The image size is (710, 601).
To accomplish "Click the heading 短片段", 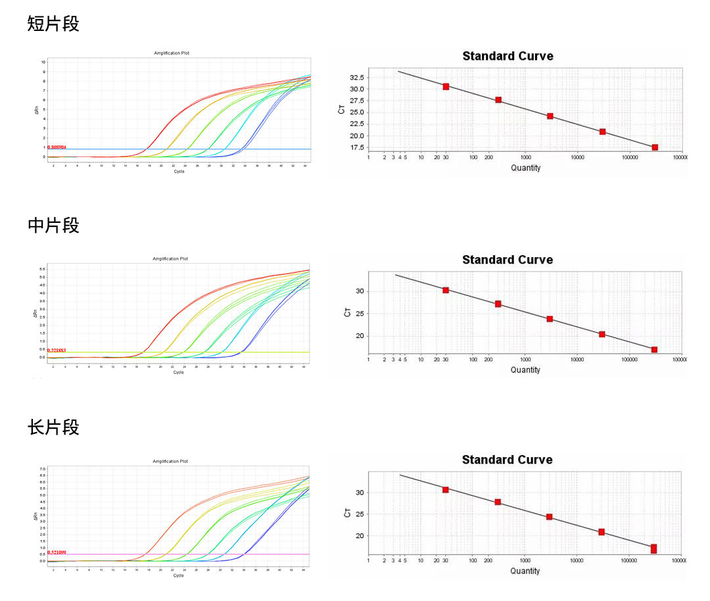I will [x=53, y=24].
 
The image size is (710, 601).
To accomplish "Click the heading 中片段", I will [x=53, y=226].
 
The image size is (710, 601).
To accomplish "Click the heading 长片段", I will [x=53, y=427].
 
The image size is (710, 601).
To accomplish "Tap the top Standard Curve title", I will [x=508, y=57].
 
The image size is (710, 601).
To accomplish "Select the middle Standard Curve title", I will [x=508, y=260].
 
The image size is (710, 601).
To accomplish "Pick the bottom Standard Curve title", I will [x=508, y=460].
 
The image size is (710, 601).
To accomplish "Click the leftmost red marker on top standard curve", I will [x=446, y=87].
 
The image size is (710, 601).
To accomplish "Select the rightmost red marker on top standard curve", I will [x=655, y=147].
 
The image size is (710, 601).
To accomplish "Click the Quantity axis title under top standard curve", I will [x=525, y=168].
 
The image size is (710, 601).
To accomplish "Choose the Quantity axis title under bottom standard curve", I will [x=525, y=571].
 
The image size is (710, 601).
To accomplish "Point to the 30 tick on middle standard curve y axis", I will [x=360, y=291].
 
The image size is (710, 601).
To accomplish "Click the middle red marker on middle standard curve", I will [x=550, y=319].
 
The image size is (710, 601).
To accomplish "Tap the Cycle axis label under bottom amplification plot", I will [x=178, y=575].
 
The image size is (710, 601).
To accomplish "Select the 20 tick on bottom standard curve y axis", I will [x=360, y=536].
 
